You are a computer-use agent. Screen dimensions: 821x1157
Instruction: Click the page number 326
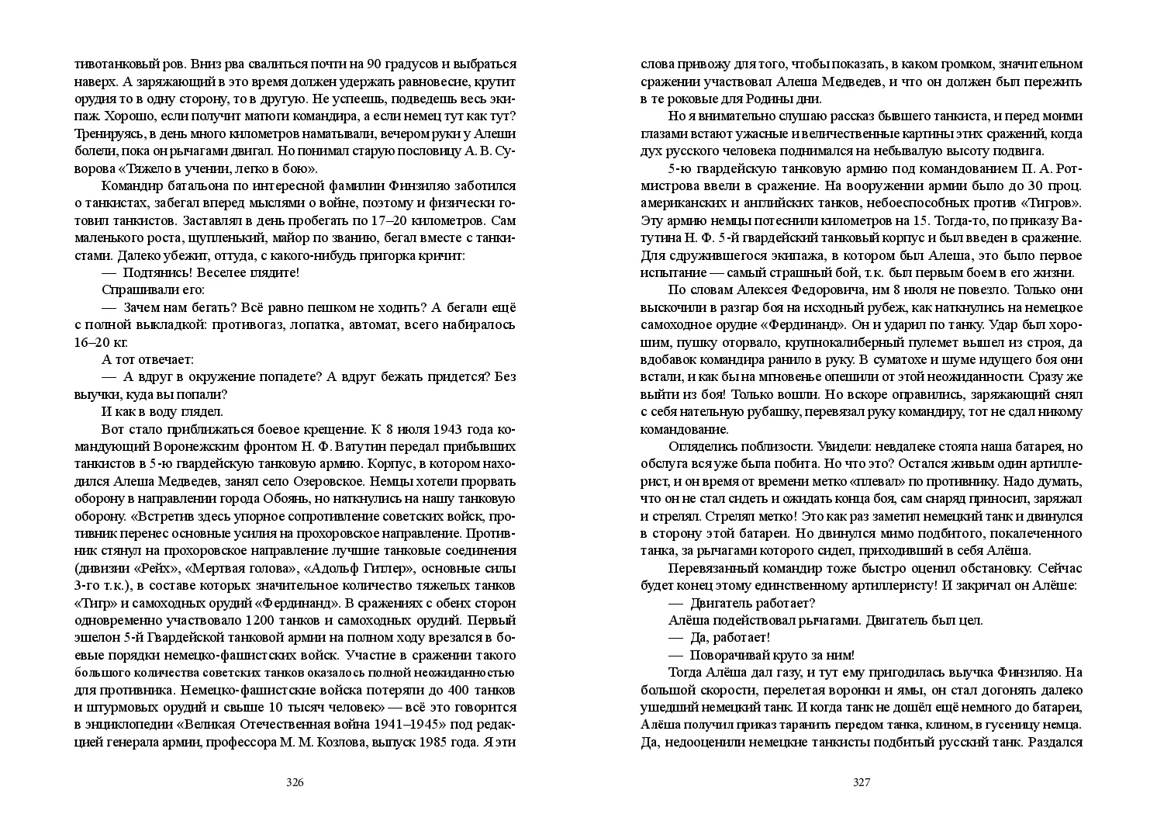coord(295,782)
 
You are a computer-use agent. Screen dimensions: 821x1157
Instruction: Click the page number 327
coord(862,782)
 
